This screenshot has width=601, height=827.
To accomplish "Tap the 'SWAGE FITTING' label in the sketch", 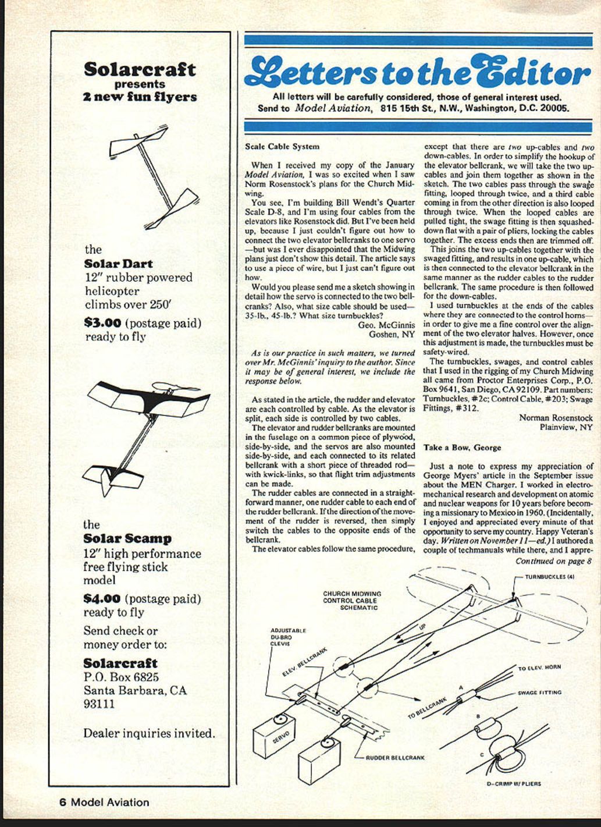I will pyautogui.click(x=539, y=693).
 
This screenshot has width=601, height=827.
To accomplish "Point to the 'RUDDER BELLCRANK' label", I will pyautogui.click(x=395, y=758).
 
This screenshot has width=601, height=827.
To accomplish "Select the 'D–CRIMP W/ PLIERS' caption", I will pyautogui.click(x=514, y=783).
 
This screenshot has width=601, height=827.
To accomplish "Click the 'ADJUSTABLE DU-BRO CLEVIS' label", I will pyautogui.click(x=289, y=637).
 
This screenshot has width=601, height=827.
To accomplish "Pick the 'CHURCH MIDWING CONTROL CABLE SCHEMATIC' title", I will pyautogui.click(x=352, y=600).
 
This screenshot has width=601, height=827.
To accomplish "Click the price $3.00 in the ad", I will pyautogui.click(x=103, y=323).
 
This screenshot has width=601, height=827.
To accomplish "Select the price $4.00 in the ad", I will pyautogui.click(x=102, y=598).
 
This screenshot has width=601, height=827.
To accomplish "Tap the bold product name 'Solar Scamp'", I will pyautogui.click(x=127, y=539).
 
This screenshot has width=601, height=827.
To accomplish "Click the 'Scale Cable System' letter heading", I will pyautogui.click(x=282, y=147).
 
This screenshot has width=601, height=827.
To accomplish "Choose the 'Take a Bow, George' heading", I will pyautogui.click(x=462, y=448).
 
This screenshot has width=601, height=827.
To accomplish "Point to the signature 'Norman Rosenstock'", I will pyautogui.click(x=556, y=418).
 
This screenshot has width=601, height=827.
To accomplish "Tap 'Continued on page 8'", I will pyautogui.click(x=553, y=562).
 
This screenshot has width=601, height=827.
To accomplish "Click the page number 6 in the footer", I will pyautogui.click(x=62, y=802).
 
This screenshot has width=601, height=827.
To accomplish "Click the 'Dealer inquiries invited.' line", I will pyautogui.click(x=149, y=733).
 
